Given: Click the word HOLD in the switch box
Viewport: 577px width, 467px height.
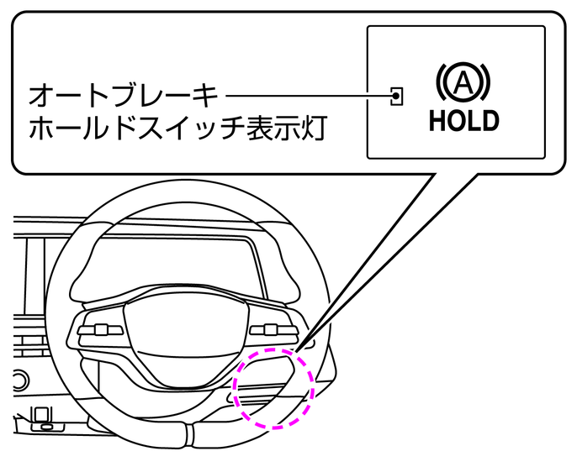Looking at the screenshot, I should tap(463, 120).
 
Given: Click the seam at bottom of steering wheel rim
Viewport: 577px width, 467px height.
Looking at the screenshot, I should tap(187, 433).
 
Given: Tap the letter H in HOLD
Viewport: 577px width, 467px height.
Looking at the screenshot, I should tap(437, 120).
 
